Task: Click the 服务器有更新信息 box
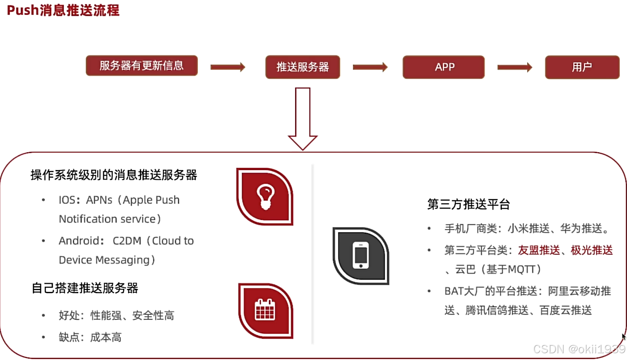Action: [142, 66]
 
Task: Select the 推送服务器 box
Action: [303, 67]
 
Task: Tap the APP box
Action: [444, 67]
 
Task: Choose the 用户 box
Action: [582, 67]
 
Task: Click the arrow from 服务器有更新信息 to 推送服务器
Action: [227, 67]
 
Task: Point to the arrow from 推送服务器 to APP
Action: [370, 67]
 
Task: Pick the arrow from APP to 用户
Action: [515, 67]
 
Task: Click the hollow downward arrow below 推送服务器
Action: [303, 118]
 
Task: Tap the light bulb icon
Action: [265, 197]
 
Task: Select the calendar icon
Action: [265, 310]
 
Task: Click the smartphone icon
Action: [361, 256]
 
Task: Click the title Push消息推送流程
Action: [63, 10]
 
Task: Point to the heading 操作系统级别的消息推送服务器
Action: [114, 175]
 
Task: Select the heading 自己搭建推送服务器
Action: [85, 288]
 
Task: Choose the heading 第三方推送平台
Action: [468, 204]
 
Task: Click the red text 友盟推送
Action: [539, 250]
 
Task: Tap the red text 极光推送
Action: [591, 250]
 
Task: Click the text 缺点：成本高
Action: [90, 337]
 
